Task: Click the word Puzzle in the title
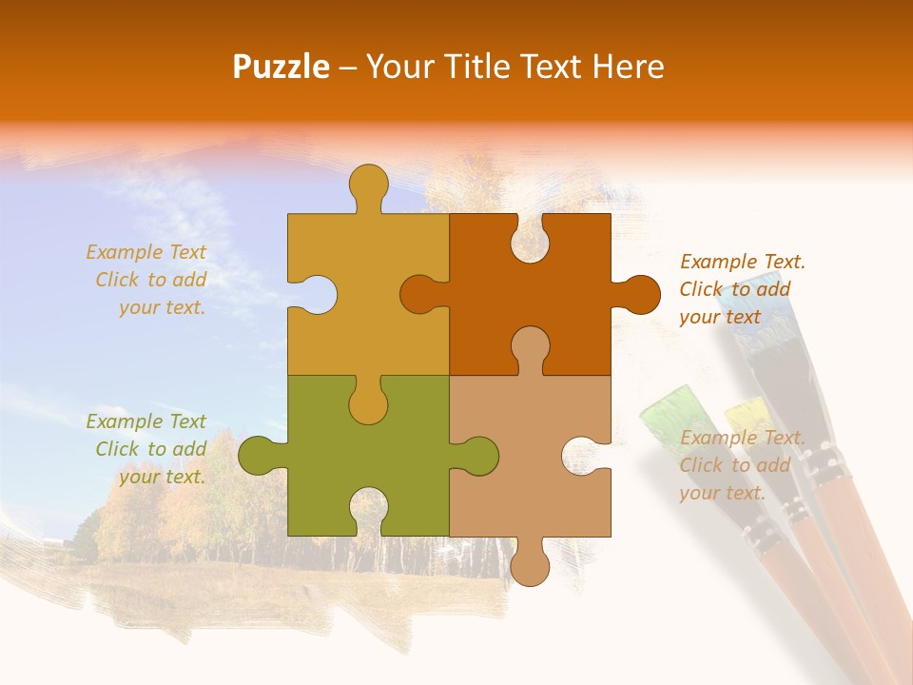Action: click(x=282, y=67)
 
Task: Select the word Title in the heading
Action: click(x=476, y=67)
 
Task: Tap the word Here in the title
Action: click(x=628, y=67)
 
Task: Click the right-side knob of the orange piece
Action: click(x=639, y=294)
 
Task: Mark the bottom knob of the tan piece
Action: click(x=530, y=563)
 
